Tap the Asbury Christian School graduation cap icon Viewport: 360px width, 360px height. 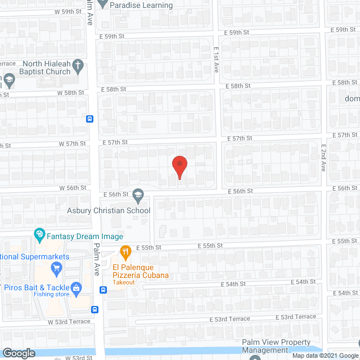coord(138,196)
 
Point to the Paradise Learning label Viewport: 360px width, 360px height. coord(141,6)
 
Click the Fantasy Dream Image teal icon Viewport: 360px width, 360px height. coord(39,233)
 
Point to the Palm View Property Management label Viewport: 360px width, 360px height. coord(276,346)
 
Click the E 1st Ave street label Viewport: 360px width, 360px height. coord(216,59)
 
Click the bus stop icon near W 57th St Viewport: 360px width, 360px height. coord(89,119)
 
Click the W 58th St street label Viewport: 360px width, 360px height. coord(71,92)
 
